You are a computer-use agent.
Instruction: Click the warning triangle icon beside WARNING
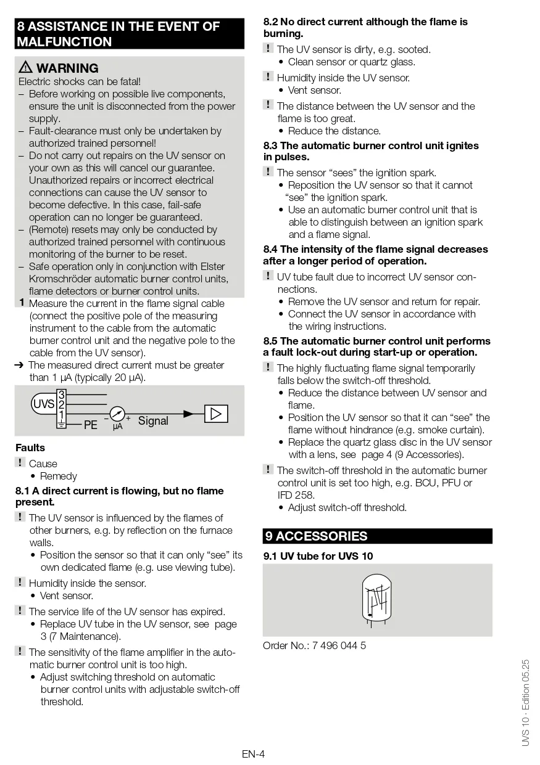click(26, 68)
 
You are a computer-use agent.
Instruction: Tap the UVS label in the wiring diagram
click(43, 404)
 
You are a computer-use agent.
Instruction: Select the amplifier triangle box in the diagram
click(215, 414)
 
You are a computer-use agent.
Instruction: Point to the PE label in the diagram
click(91, 425)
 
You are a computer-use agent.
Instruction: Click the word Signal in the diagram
click(153, 420)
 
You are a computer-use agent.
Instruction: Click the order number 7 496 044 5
click(339, 645)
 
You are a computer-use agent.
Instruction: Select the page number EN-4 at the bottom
click(253, 753)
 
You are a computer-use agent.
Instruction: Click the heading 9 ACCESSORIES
click(316, 536)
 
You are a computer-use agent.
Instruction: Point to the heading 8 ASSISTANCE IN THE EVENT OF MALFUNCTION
click(118, 34)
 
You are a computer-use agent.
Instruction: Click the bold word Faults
click(30, 448)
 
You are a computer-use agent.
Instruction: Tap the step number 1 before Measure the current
click(22, 303)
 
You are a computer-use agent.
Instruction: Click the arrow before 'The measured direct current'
click(19, 365)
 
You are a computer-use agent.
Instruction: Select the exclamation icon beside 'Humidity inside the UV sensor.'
click(268, 77)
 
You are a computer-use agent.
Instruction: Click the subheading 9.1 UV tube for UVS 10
click(318, 555)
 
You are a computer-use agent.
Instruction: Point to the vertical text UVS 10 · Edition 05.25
click(525, 703)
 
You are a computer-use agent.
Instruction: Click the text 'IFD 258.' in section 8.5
click(296, 495)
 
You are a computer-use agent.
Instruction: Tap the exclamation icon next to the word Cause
click(20, 463)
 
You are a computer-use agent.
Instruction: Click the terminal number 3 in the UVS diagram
click(61, 395)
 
